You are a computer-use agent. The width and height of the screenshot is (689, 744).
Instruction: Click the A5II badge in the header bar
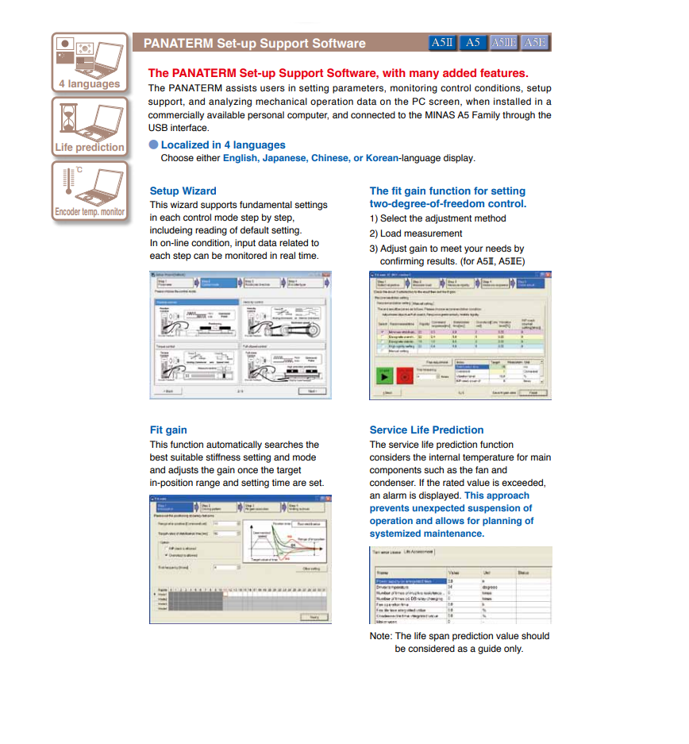pyautogui.click(x=442, y=43)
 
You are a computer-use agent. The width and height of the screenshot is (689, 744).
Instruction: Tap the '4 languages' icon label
pyautogui.click(x=89, y=84)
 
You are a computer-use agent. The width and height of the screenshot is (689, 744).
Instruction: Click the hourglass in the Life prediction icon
pyautogui.click(x=68, y=119)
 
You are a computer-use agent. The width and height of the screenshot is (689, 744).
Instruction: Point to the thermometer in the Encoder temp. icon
pyautogui.click(x=67, y=184)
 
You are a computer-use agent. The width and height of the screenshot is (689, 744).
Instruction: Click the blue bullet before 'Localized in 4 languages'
pyautogui.click(x=153, y=145)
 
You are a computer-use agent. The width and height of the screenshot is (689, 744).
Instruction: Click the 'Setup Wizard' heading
pyautogui.click(x=183, y=191)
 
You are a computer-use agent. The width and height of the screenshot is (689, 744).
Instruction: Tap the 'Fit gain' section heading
pyautogui.click(x=168, y=430)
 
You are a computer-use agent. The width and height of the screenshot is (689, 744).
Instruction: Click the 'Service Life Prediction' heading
pyautogui.click(x=426, y=430)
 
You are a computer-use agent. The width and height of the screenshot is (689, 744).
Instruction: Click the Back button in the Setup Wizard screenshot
pyautogui.click(x=168, y=391)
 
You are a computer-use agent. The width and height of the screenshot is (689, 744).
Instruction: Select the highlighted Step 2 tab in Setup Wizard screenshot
pyautogui.click(x=216, y=282)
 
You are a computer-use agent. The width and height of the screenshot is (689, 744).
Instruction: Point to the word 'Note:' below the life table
pyautogui.click(x=380, y=636)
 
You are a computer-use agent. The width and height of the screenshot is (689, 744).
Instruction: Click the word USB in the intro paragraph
pyautogui.click(x=159, y=128)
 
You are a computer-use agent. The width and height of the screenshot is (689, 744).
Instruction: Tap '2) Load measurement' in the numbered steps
pyautogui.click(x=415, y=233)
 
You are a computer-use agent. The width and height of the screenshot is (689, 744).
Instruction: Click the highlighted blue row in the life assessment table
pyautogui.click(x=409, y=581)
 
